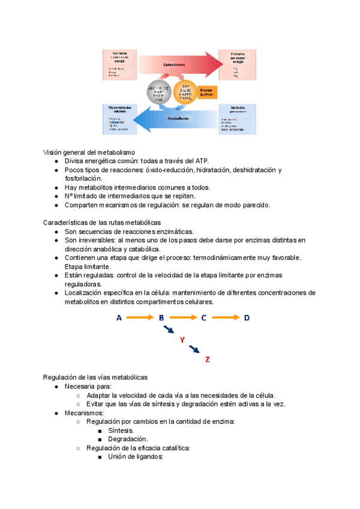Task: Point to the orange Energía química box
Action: tap(215, 92)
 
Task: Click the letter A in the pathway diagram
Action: tap(119, 318)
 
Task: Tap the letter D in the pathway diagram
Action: tap(247, 318)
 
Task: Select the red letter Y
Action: tap(182, 340)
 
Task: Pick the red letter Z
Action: tap(207, 360)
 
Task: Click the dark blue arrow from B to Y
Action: tap(170, 330)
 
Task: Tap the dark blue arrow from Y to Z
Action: tap(195, 349)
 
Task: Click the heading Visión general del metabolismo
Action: tap(89, 152)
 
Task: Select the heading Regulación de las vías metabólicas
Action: tap(95, 377)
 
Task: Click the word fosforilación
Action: tap(83, 178)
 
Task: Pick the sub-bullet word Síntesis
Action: tap(121, 430)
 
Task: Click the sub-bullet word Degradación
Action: tap(127, 439)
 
